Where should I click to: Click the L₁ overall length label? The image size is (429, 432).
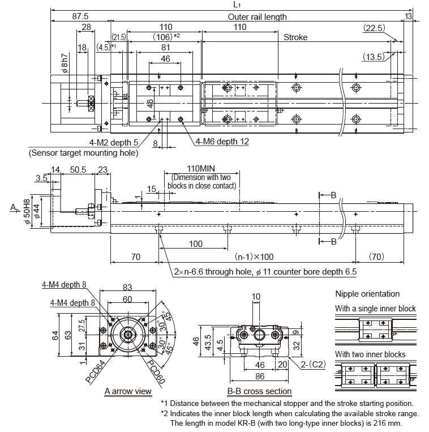pyautogui.click(x=229, y=5)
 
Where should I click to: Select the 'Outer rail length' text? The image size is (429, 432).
pyautogui.click(x=257, y=17)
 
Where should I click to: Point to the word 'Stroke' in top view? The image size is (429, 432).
pyautogui.click(x=295, y=37)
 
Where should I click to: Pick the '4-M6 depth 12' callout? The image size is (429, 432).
pyautogui.click(x=222, y=142)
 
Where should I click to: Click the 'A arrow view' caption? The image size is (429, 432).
pyautogui.click(x=128, y=391)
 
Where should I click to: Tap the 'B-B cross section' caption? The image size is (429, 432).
pyautogui.click(x=260, y=391)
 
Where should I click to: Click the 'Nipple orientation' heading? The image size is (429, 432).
pyautogui.click(x=367, y=294)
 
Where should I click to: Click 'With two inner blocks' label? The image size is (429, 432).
pyautogui.click(x=370, y=354)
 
